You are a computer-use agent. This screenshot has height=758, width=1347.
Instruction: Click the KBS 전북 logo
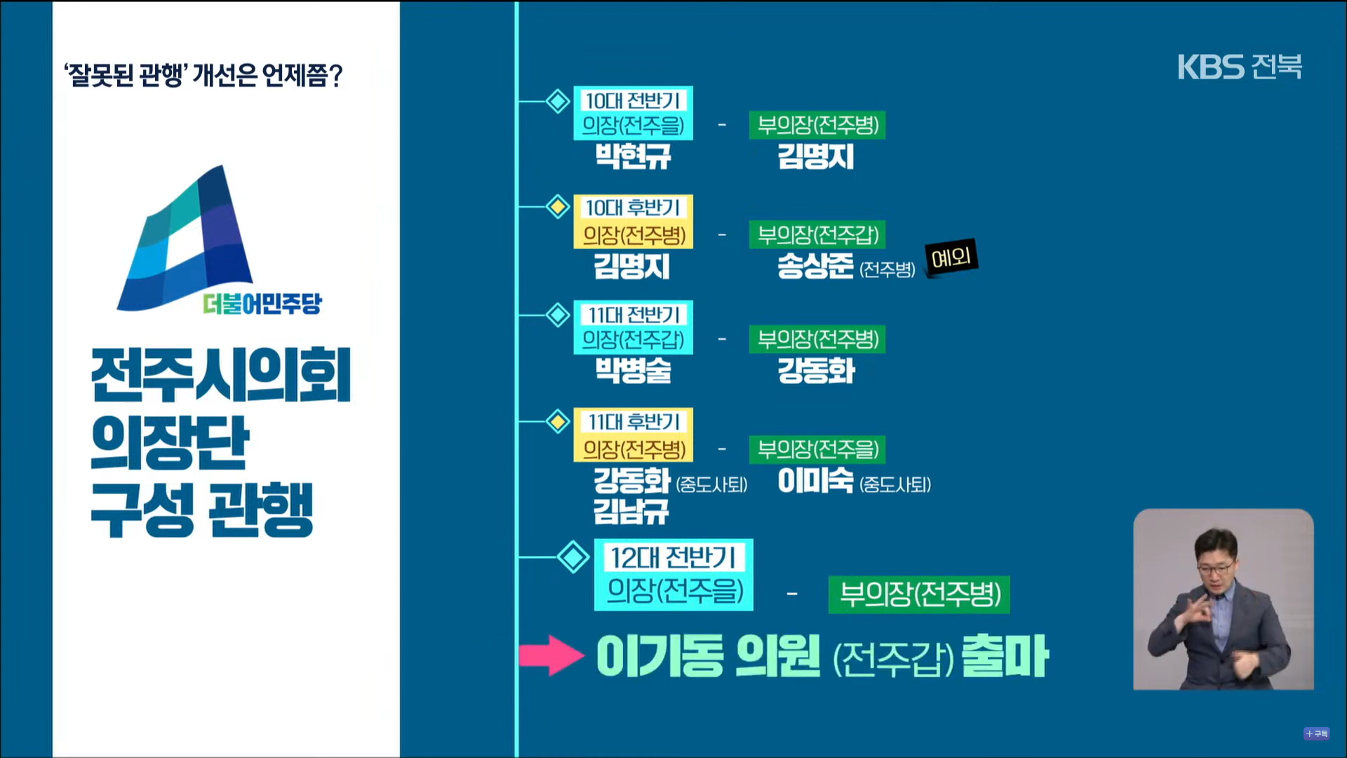click(x=1239, y=67)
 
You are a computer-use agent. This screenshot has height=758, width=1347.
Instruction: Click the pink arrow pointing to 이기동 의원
click(x=551, y=656)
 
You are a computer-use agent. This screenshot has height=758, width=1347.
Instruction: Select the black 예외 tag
click(x=951, y=258)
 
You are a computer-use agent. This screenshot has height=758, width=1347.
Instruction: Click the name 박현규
click(x=633, y=156)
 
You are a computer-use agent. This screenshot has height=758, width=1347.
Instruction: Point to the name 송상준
click(x=815, y=266)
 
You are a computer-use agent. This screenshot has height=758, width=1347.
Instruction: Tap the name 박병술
click(x=633, y=370)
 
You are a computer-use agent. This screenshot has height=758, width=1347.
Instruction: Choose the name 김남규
click(x=631, y=511)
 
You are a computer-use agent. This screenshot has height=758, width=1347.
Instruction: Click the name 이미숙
click(x=815, y=481)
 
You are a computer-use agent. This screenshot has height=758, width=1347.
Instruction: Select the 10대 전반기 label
click(x=633, y=101)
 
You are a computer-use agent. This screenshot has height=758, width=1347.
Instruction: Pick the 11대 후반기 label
click(x=634, y=422)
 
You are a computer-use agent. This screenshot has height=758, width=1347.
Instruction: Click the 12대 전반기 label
click(x=673, y=558)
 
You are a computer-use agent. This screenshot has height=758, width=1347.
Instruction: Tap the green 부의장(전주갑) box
click(x=817, y=234)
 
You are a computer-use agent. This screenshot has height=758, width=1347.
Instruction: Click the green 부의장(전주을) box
click(x=817, y=449)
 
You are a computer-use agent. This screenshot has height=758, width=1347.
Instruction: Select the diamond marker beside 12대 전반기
click(x=573, y=557)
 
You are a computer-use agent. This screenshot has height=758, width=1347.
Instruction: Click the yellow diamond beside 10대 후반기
click(x=558, y=207)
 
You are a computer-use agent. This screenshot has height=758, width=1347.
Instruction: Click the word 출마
click(x=1005, y=656)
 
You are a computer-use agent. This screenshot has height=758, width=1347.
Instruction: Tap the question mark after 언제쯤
click(x=335, y=76)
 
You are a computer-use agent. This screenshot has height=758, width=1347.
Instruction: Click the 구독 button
click(x=1317, y=733)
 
